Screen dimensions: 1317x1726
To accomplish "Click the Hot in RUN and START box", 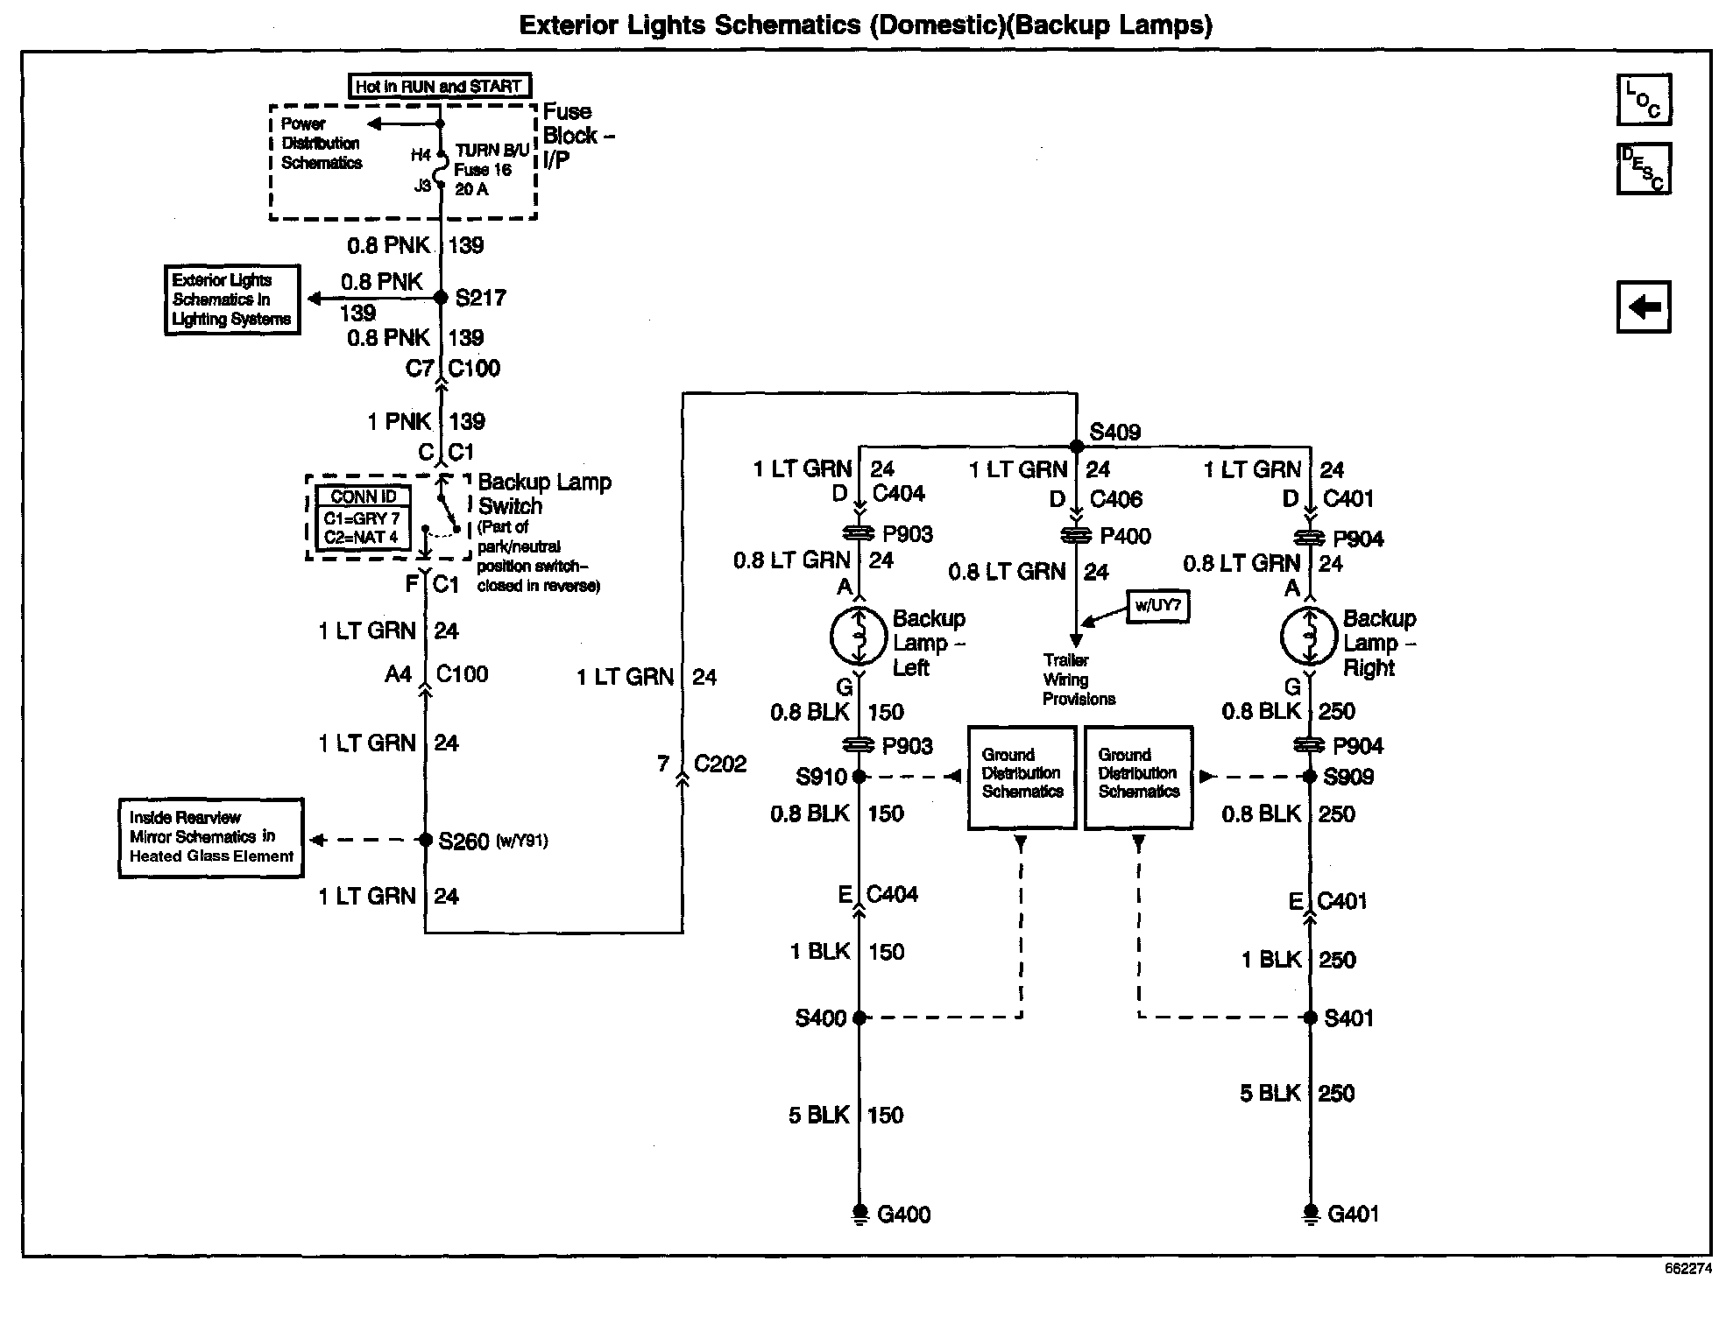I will click(x=439, y=86).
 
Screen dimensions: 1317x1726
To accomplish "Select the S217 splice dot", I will click(x=442, y=298).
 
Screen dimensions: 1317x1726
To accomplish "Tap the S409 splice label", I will click(x=1114, y=432).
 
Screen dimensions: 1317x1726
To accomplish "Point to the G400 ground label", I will click(x=903, y=1215).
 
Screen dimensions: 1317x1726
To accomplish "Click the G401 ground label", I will click(x=1354, y=1214).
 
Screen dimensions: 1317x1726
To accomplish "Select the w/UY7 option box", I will click(x=1158, y=605).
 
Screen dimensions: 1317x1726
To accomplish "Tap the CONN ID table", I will click(x=362, y=518).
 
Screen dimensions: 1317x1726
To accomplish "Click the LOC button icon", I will click(x=1644, y=99).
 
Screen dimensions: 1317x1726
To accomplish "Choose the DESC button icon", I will click(x=1644, y=168).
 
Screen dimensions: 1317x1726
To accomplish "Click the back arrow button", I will click(x=1644, y=306).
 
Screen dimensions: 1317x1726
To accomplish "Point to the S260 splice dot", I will click(x=425, y=840).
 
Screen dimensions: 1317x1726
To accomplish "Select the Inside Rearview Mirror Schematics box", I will click(x=211, y=837).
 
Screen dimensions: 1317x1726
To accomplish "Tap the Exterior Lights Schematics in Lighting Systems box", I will click(x=232, y=299).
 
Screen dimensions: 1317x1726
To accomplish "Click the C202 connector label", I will click(x=719, y=764).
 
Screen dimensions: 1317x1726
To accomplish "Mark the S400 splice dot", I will click(x=859, y=1018).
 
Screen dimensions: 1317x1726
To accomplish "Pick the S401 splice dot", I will click(x=1310, y=1018).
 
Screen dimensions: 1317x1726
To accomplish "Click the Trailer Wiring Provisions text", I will click(x=1078, y=680).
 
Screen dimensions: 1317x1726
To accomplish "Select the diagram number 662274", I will click(x=1687, y=1268).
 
